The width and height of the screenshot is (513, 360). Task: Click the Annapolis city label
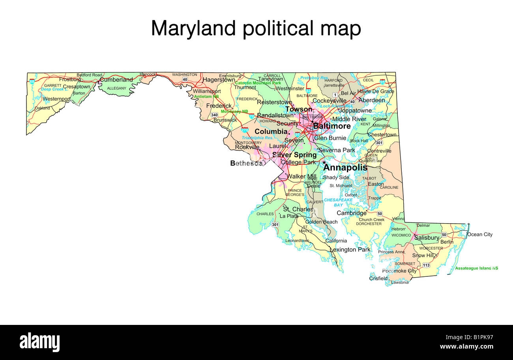click(x=345, y=168)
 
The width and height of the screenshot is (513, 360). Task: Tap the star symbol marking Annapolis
click(x=324, y=162)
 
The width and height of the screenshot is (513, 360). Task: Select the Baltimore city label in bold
click(x=331, y=126)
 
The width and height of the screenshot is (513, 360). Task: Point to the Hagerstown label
click(x=219, y=80)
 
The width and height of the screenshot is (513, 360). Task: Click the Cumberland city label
click(x=116, y=80)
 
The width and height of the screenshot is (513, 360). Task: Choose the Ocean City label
click(x=480, y=235)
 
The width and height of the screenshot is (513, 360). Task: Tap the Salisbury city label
click(x=427, y=238)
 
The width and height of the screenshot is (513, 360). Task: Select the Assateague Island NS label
click(x=477, y=268)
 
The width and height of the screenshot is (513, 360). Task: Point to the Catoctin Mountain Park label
click(x=258, y=83)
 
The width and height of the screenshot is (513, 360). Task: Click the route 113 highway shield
click(x=426, y=265)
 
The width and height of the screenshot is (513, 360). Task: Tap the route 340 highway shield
click(x=214, y=115)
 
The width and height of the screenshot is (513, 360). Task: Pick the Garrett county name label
click(x=52, y=85)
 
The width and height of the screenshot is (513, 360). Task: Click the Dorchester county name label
click(x=369, y=224)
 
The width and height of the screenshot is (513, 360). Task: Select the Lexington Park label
click(x=350, y=250)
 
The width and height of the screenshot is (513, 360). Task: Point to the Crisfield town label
click(x=378, y=278)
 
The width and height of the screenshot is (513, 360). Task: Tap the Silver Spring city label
click(x=294, y=155)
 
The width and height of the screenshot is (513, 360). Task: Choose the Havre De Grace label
click(x=376, y=91)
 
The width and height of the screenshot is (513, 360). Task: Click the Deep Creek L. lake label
click(x=55, y=90)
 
